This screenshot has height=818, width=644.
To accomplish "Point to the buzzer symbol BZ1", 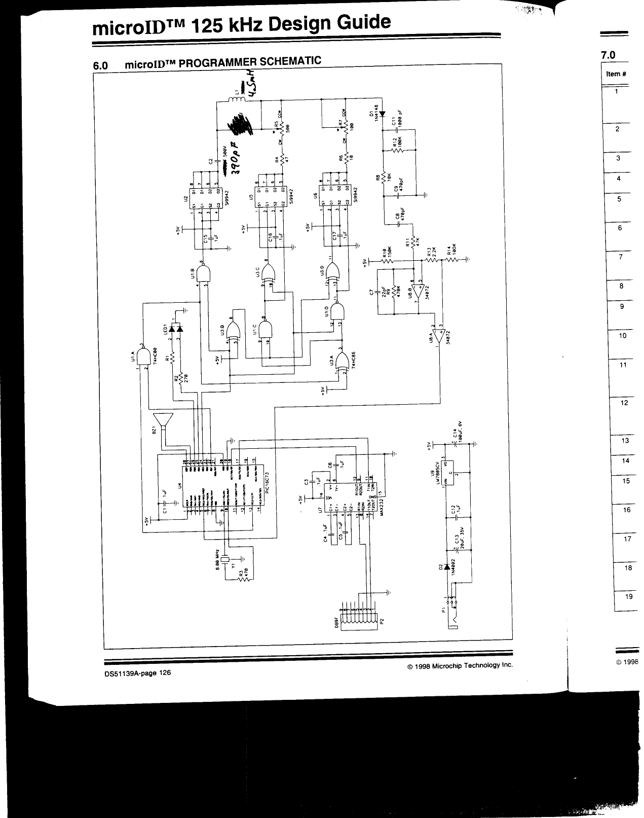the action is tap(163, 420).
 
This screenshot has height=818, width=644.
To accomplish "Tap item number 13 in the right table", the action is tap(625, 440).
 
